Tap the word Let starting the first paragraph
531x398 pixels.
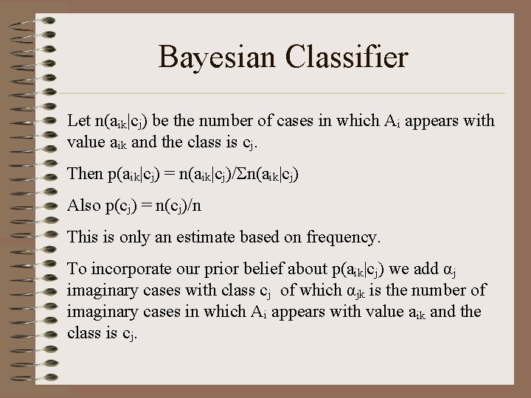pyautogui.click(x=78, y=120)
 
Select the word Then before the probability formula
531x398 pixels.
pyautogui.click(x=85, y=174)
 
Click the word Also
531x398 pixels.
pyautogui.click(x=84, y=206)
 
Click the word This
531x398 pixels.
pyautogui.click(x=83, y=237)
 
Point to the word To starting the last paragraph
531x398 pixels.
pyautogui.click(x=77, y=270)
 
